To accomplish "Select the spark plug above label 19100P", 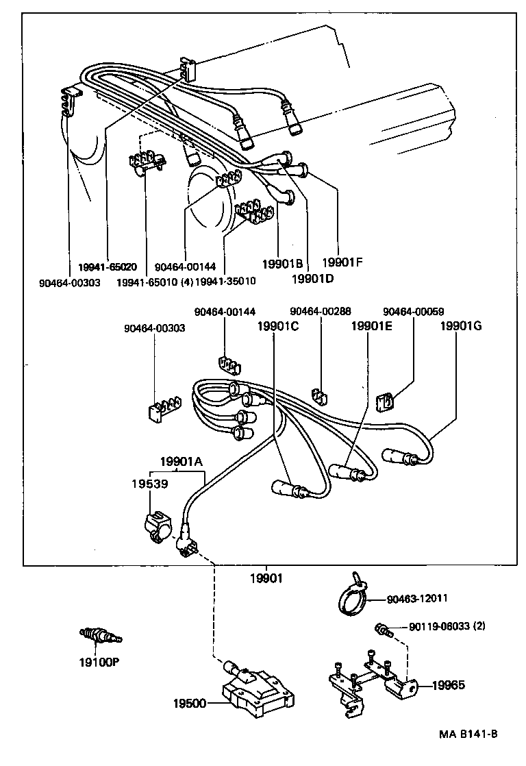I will tap(101, 637).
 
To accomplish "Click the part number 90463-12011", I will tap(417, 598).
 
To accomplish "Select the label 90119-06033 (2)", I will tap(447, 627).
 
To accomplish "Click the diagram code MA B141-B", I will tap(468, 734).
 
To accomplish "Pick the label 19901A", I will tap(181, 462).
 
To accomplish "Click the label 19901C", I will tap(277, 326).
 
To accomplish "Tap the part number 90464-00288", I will tap(320, 311).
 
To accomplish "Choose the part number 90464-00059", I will tap(413, 311).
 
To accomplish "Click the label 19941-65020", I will tap(108, 267).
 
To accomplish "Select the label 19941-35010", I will tap(225, 281).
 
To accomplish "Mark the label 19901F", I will tap(342, 261).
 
